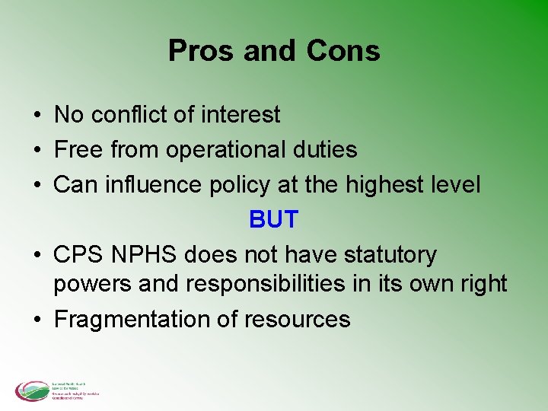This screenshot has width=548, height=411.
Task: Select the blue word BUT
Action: (273, 220)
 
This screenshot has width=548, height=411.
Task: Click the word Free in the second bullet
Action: (78, 150)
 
